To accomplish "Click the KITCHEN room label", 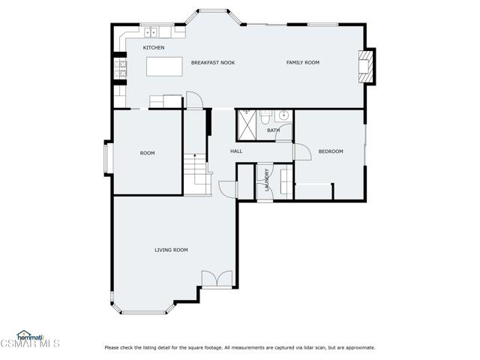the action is (154, 48).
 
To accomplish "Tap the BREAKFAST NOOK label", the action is (213, 63).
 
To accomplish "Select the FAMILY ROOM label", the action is (303, 62).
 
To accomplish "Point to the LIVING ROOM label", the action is (171, 250).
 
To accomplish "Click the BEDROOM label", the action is (331, 151).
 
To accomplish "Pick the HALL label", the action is (236, 151).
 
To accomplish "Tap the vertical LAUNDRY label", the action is (267, 180).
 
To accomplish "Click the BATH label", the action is (273, 130).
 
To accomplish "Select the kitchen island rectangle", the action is (164, 67).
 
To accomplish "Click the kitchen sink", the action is (151, 32).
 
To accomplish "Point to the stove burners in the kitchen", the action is (120, 68).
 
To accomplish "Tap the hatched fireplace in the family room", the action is (367, 67).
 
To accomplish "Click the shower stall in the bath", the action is (247, 125).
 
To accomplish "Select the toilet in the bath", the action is (265, 117).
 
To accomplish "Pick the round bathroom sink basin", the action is (283, 115).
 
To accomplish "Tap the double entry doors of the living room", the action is (217, 279).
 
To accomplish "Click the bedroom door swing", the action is (303, 151).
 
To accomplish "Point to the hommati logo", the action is (30, 336).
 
